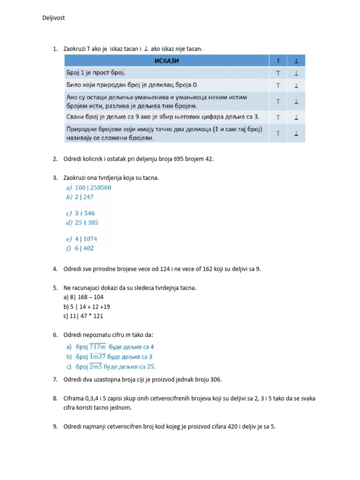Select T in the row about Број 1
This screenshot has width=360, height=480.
click(278, 73)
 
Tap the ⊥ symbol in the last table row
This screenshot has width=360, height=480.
click(296, 134)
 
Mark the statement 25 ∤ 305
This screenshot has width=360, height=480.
click(86, 223)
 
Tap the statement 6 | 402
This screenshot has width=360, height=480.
click(84, 248)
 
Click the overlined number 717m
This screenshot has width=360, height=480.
click(97, 347)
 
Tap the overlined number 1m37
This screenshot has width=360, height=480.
click(97, 357)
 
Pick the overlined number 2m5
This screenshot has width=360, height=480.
click(96, 367)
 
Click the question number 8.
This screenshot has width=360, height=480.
click(55, 398)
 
